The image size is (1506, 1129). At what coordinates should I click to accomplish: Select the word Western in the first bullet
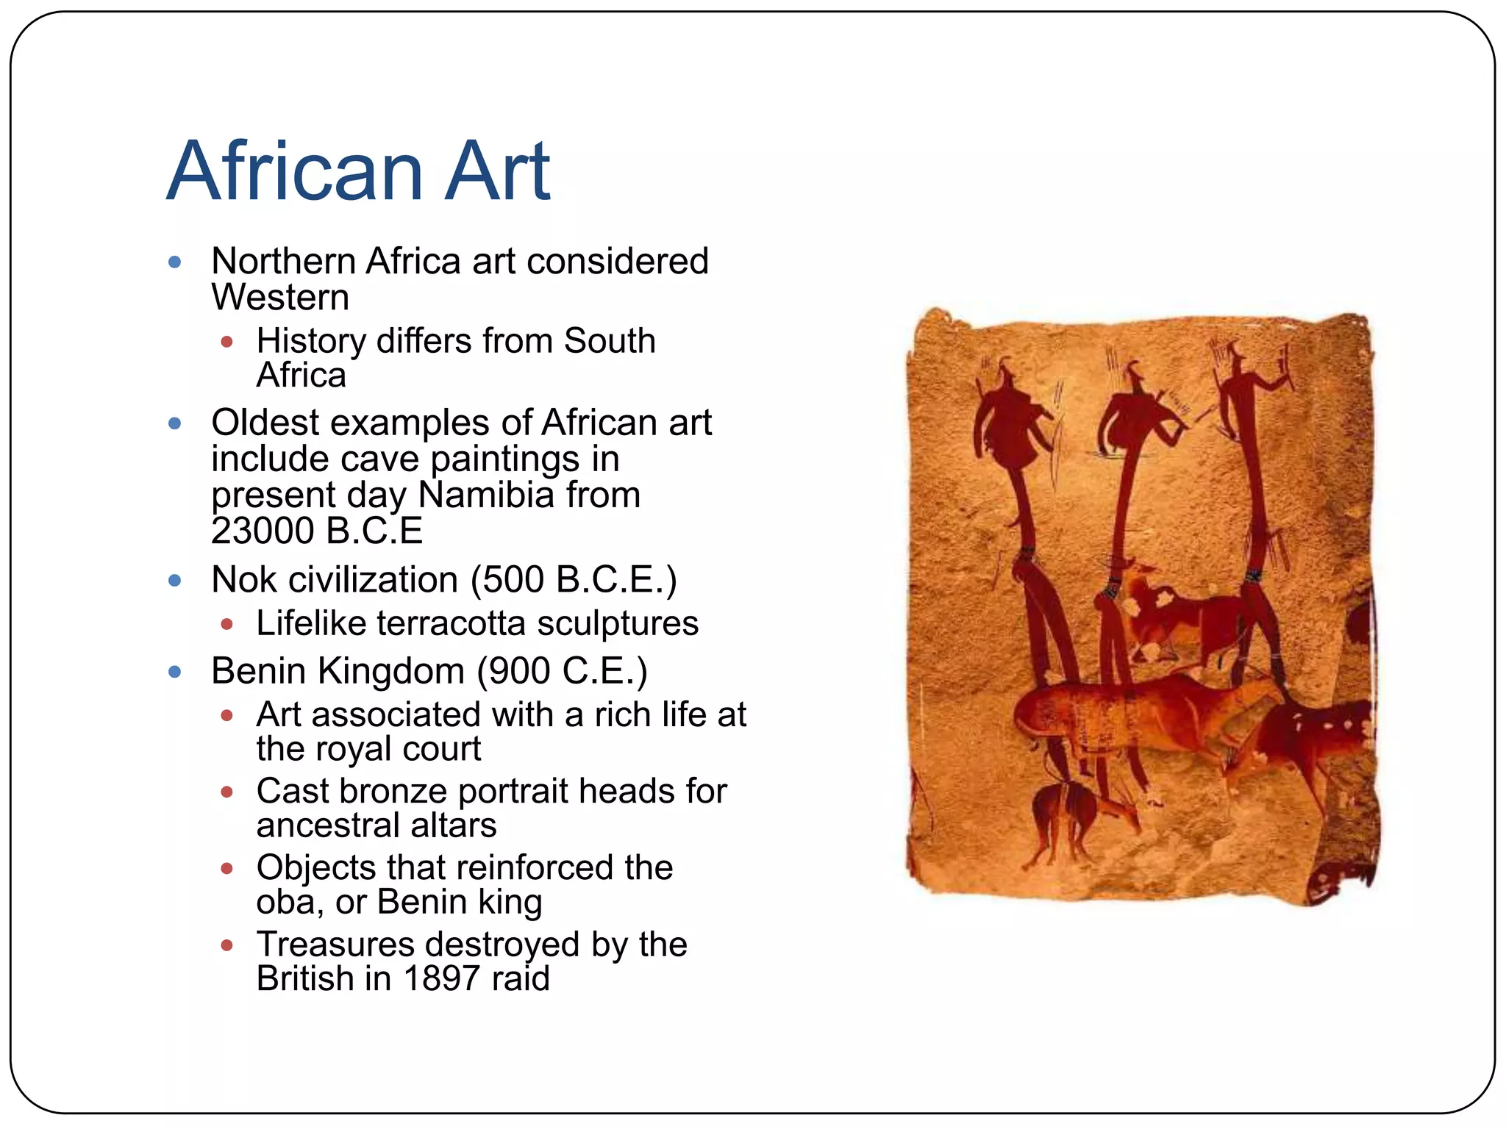[280, 298]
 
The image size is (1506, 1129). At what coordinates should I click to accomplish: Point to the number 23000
[263, 531]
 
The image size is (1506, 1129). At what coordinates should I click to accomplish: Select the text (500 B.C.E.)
[574, 580]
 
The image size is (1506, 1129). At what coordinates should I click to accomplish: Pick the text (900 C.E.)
[562, 671]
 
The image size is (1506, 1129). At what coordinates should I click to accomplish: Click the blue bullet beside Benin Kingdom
[175, 671]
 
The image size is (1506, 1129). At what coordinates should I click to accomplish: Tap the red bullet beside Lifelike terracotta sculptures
[226, 625]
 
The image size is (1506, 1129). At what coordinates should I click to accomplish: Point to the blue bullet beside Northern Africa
[175, 262]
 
